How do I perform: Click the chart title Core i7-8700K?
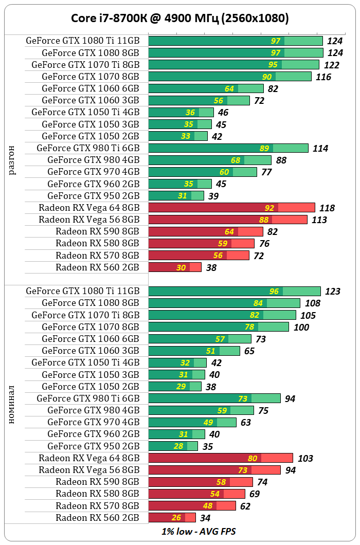pos(179,19)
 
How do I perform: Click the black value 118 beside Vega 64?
pos(327,208)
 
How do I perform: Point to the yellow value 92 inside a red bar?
pos(269,208)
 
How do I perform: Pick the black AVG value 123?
pos(333,292)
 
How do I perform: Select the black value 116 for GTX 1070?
pos(323,77)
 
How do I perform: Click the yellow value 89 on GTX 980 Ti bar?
pos(264,149)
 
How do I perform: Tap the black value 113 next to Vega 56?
pos(319,220)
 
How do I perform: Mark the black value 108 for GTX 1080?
pos(312,303)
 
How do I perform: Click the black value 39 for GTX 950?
pos(212,196)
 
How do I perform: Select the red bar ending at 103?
pos(220,458)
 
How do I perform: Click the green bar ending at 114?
pos(228,148)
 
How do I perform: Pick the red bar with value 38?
pos(175,267)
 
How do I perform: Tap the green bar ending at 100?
pos(218,327)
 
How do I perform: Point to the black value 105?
pos(308,315)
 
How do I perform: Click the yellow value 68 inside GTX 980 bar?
pos(236,160)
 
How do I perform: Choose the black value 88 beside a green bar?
pos(281,160)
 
